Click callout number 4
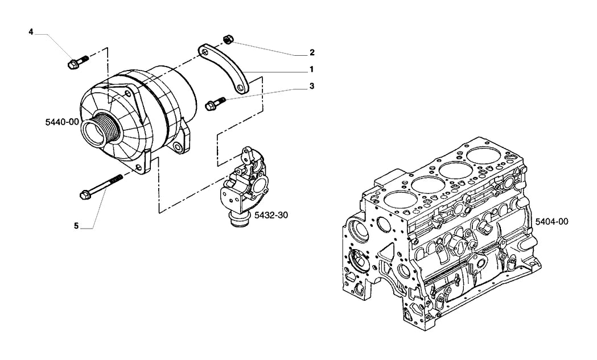(31, 32)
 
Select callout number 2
(312, 52)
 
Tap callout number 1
(311, 69)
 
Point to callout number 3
(312, 86)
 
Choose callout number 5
(76, 226)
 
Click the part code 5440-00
(62, 122)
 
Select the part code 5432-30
(271, 215)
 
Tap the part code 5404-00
(551, 221)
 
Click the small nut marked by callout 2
(228, 39)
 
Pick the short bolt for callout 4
(77, 63)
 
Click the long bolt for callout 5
(101, 187)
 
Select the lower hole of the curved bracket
(240, 89)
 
